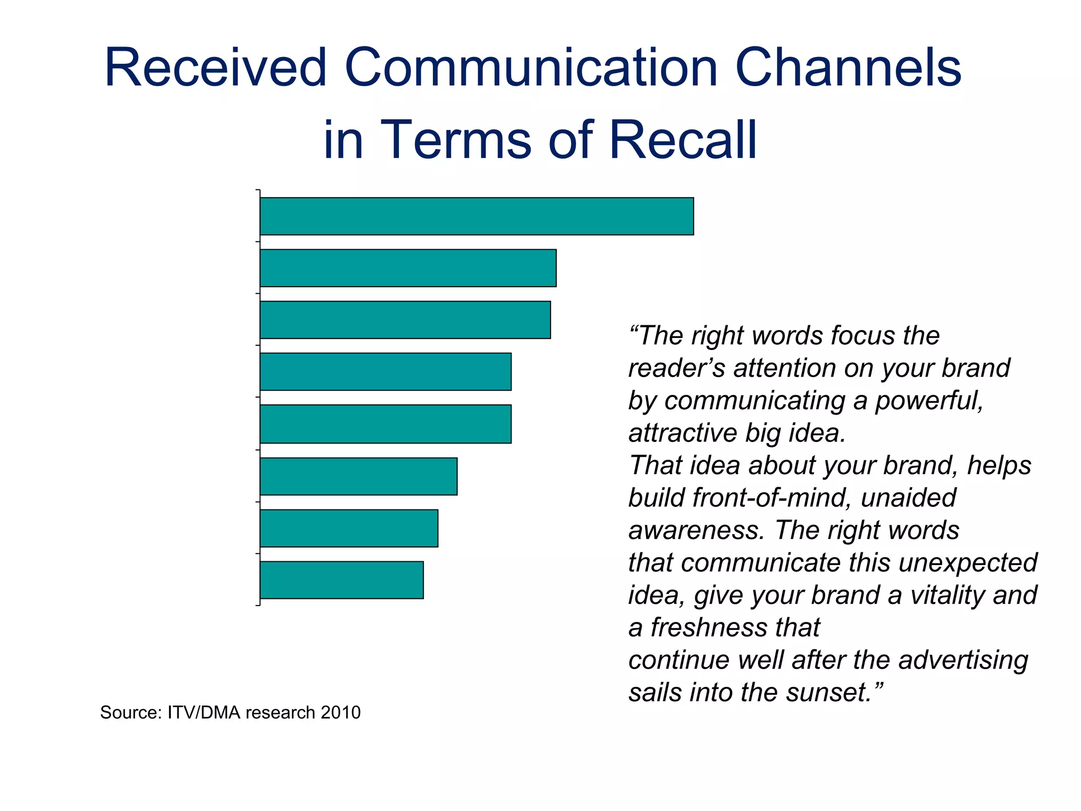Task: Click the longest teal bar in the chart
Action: click(x=477, y=216)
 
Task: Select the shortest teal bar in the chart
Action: click(x=342, y=580)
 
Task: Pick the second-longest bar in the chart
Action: click(x=408, y=268)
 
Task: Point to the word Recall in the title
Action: click(x=684, y=139)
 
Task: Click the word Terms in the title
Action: click(x=456, y=139)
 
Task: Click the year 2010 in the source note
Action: click(x=340, y=712)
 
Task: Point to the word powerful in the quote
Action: click(x=929, y=401)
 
